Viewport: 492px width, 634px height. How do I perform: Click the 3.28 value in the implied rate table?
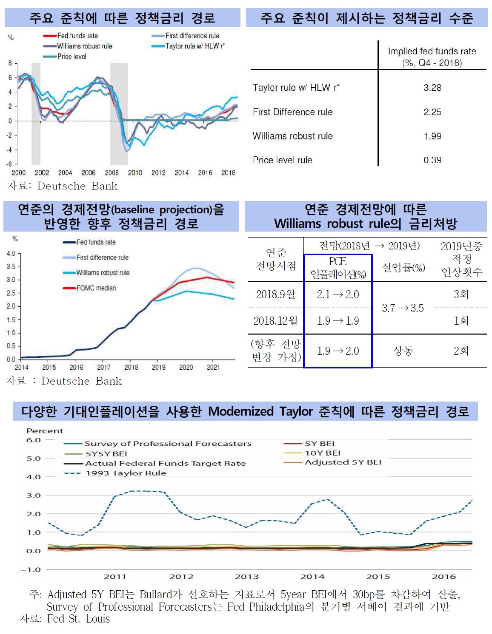pos(432,88)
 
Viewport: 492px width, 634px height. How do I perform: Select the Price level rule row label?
pos(282,160)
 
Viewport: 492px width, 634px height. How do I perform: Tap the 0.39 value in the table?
pos(432,160)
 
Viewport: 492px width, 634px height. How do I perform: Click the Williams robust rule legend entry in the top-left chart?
pos(84,46)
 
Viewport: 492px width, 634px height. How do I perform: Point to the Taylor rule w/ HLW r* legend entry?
pos(195,46)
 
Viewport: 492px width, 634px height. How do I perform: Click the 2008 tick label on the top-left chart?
pos(112,173)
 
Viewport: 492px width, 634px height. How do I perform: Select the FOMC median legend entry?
pos(96,288)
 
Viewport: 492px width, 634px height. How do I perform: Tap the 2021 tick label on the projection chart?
pos(213,367)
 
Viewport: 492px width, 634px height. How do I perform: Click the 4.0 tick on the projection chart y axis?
pos(11,254)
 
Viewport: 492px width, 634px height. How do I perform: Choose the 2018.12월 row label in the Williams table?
pos(275,321)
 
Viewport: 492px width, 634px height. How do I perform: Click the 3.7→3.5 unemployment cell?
pos(403,308)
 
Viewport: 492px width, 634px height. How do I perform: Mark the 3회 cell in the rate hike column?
pos(461,294)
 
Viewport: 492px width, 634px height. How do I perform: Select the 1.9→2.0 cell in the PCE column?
pos(338,351)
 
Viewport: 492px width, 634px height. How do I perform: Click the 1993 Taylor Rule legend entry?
pos(126,473)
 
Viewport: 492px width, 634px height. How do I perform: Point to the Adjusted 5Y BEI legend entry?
pos(343,462)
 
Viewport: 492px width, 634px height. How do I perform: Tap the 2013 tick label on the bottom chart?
pos(247,577)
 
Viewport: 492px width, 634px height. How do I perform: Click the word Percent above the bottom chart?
pos(45,431)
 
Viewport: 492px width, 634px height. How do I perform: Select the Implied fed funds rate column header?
pos(432,57)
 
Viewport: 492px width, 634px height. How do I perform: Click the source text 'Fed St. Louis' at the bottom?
pos(78,619)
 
